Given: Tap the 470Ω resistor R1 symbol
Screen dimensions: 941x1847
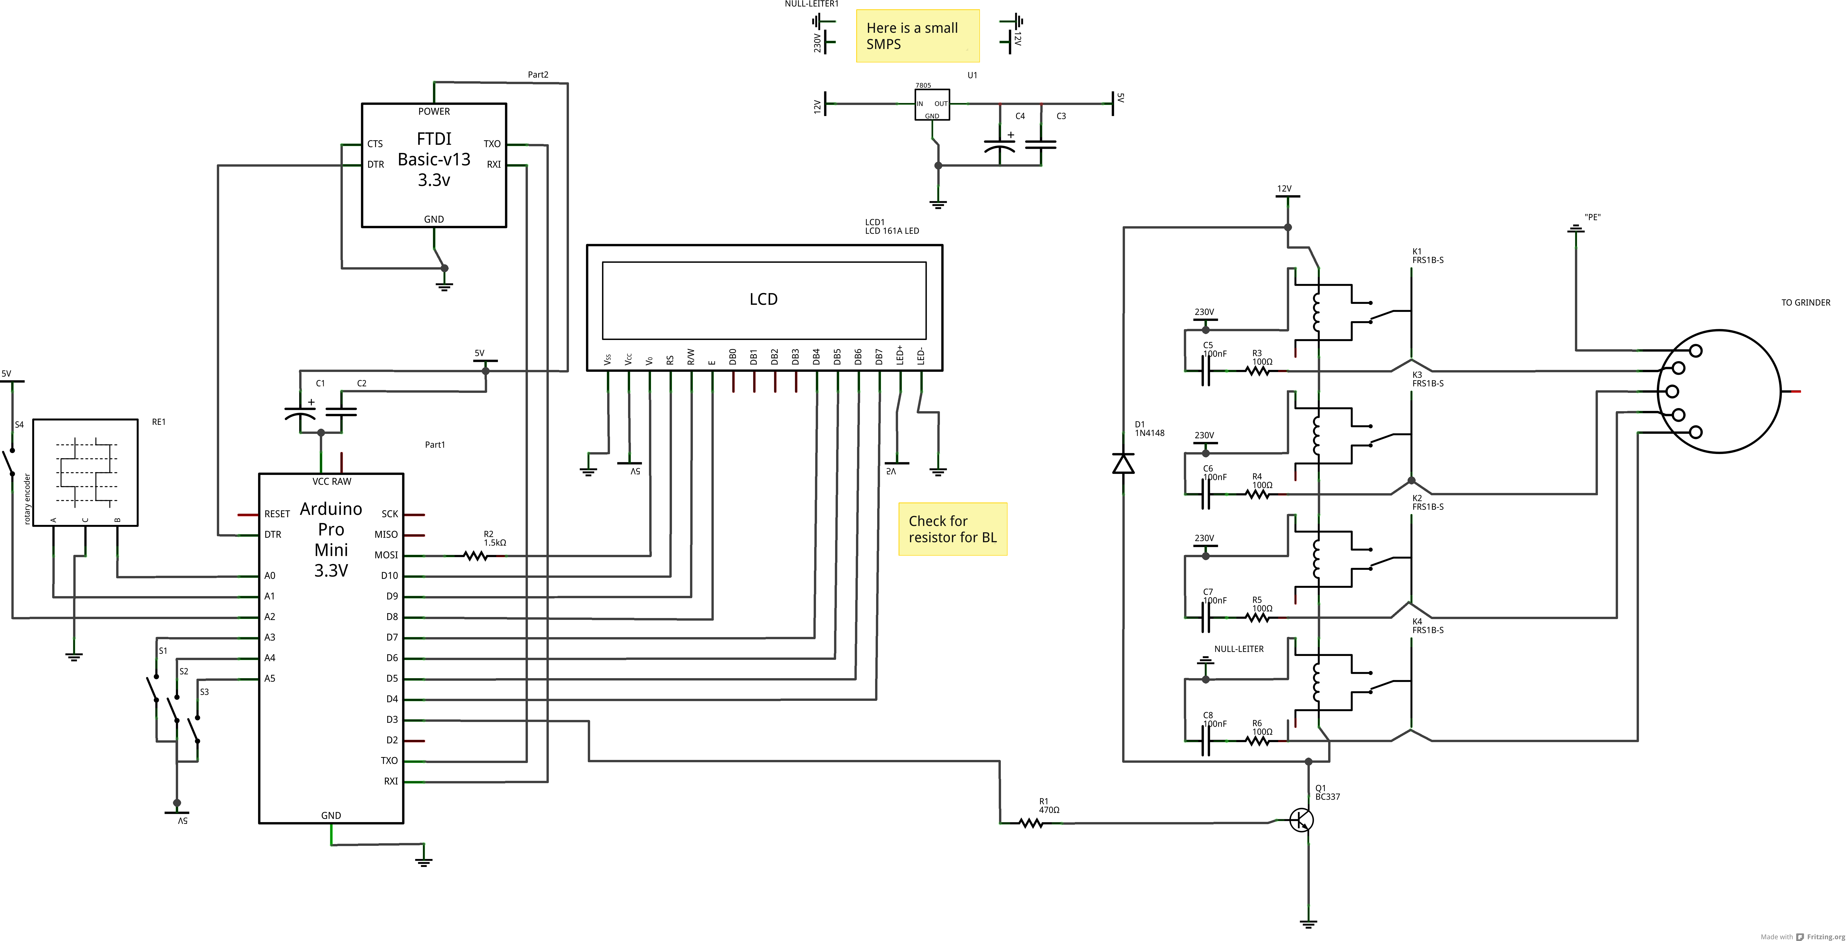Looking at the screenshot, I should click(1031, 823).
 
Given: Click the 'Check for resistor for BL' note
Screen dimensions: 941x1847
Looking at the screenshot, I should click(952, 529).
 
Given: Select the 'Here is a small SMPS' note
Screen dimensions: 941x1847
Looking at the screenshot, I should click(917, 36).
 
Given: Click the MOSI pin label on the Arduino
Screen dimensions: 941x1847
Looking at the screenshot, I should click(386, 555).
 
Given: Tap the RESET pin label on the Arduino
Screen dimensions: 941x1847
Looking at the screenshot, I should click(277, 514).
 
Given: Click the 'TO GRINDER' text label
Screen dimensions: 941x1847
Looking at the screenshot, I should click(1805, 302).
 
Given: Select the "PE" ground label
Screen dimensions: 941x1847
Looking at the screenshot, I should click(1592, 217).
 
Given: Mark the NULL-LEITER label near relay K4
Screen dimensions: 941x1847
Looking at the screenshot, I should click(1238, 648).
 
